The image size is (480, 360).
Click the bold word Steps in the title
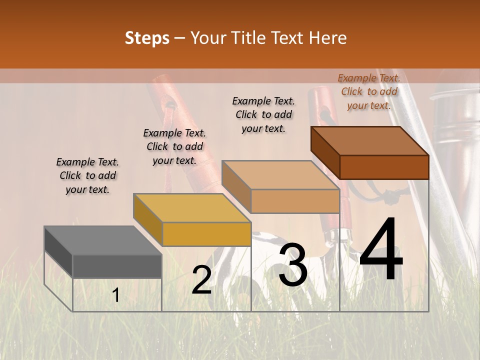click(x=147, y=38)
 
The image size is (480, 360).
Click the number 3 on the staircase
click(x=292, y=264)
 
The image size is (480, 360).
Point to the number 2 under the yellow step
click(x=201, y=280)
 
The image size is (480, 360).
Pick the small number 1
click(x=116, y=295)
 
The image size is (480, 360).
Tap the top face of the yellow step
click(x=191, y=208)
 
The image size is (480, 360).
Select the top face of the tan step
click(x=280, y=175)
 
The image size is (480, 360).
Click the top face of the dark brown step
click(x=369, y=141)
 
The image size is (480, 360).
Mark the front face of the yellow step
click(x=206, y=234)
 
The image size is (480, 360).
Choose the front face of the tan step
click(x=295, y=201)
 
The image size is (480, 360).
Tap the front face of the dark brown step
click(x=384, y=167)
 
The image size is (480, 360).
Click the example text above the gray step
click(x=87, y=175)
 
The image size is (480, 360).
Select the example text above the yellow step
click(x=174, y=146)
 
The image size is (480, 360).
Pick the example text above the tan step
click(x=263, y=114)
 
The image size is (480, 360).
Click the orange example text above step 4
click(x=369, y=91)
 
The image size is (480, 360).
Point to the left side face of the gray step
click(x=58, y=252)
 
